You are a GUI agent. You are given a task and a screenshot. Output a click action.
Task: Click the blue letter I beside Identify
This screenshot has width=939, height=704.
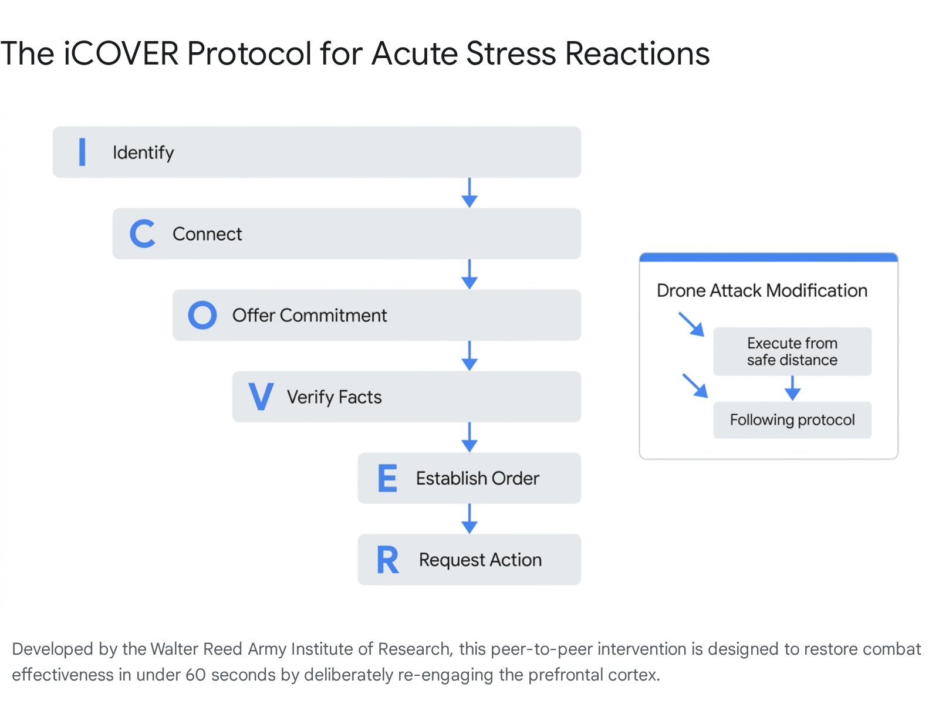pos(82,152)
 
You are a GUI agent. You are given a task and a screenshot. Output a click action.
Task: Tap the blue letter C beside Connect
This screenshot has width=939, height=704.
pos(142,233)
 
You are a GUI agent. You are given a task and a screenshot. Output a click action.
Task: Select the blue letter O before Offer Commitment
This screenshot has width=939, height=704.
pos(202,315)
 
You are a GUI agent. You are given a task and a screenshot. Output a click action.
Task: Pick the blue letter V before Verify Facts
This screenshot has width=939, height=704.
pos(261,397)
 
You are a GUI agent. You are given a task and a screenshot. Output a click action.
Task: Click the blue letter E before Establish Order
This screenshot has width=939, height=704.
pos(387,478)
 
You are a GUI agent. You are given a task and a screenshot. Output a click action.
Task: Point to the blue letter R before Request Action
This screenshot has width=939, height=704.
pos(387,560)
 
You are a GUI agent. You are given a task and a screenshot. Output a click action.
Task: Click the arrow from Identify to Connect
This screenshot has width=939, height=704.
pos(469,192)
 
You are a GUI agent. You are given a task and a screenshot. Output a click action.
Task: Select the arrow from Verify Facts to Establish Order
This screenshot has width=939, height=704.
pos(469,437)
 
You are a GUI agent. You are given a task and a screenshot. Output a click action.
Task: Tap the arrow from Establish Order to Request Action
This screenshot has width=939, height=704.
pos(469,519)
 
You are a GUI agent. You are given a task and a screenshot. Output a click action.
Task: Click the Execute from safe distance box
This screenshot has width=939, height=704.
pos(792,351)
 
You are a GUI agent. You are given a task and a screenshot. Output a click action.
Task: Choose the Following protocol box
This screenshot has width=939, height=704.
pos(792,420)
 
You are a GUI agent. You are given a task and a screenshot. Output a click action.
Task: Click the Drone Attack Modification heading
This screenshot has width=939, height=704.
pos(762,290)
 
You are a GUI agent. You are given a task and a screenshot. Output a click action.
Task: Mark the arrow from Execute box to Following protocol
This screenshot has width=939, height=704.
pos(792,388)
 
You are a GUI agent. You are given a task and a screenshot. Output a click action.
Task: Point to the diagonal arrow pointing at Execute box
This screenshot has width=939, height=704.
pos(691,324)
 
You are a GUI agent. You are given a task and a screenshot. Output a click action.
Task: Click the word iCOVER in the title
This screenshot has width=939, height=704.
pos(121,53)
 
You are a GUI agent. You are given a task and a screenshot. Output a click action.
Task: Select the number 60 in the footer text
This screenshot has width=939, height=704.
pos(195,675)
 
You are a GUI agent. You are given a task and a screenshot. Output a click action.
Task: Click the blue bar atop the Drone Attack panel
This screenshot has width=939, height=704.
pos(768,258)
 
